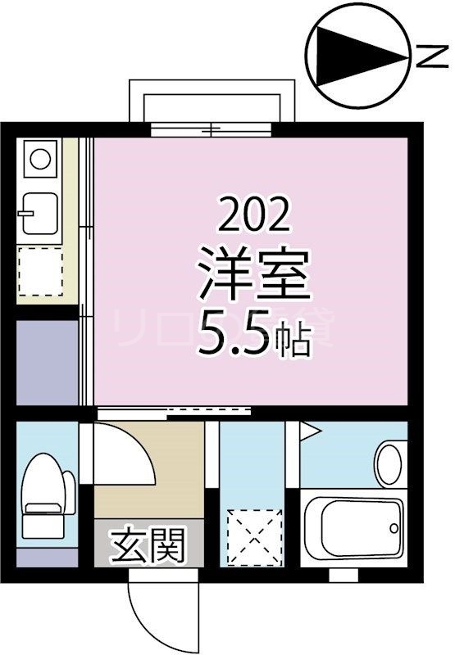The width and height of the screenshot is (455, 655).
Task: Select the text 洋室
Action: pos(254,277)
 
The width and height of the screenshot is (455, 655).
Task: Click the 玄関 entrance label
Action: pos(148,544)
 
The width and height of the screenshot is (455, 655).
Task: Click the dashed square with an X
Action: pos(253,533)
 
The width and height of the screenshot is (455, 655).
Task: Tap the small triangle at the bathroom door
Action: pos(307,429)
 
